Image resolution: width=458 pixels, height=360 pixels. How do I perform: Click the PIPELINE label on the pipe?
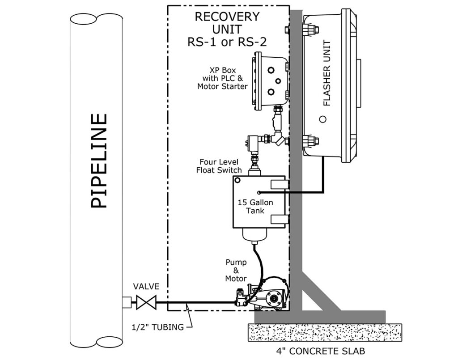point(99,161)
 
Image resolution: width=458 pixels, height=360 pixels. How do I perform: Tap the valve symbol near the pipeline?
point(145,302)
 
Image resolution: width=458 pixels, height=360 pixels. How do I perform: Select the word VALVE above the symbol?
point(145,286)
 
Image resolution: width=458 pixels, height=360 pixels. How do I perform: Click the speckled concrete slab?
point(325,333)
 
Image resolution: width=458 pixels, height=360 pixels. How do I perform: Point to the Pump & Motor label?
point(236,271)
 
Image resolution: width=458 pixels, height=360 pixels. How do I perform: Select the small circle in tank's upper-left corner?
point(238,181)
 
